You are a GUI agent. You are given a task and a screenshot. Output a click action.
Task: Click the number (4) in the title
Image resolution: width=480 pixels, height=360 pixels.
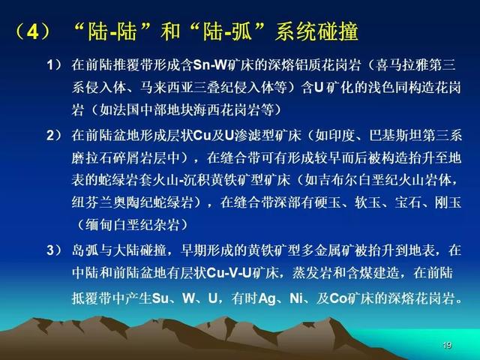tap(31, 31)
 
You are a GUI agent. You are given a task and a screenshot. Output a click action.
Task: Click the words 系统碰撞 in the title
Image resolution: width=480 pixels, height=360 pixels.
tap(316, 31)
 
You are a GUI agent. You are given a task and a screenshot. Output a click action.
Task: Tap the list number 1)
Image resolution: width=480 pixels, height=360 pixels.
tap(55, 65)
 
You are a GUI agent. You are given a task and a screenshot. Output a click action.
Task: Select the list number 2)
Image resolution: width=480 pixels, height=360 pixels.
tap(55, 135)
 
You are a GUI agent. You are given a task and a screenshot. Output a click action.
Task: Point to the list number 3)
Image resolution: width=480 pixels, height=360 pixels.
tap(55, 250)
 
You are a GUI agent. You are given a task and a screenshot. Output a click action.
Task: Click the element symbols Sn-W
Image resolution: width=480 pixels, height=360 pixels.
tap(210, 65)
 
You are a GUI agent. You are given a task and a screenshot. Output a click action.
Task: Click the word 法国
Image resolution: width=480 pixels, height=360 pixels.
tap(126, 110)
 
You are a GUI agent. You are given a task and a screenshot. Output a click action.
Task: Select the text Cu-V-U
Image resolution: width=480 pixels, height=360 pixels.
tap(229, 273)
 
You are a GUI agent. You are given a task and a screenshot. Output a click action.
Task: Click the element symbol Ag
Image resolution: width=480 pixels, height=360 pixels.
tap(267, 298)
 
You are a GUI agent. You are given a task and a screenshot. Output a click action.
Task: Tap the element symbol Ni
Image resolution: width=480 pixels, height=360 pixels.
tap(296, 298)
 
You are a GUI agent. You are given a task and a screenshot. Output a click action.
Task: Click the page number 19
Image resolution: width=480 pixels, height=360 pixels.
tap(447, 345)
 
